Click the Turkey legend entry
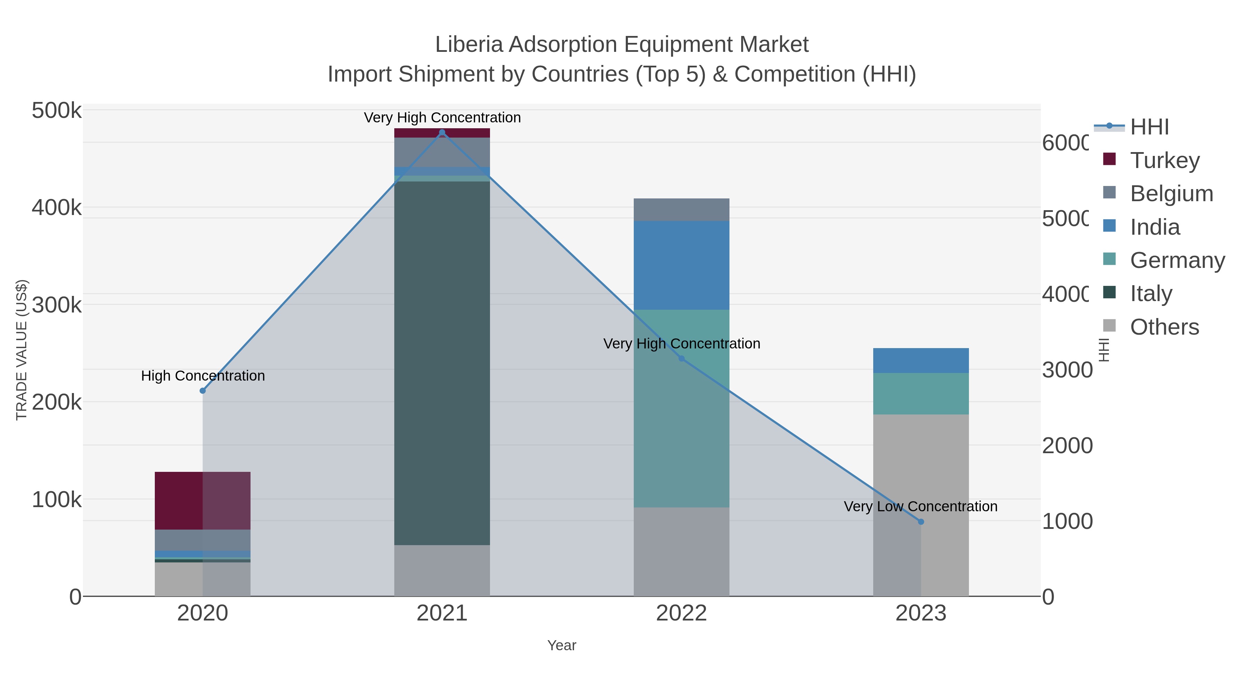pos(1164,160)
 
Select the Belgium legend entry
pos(1171,193)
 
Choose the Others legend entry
pos(1164,327)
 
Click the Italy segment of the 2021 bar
pos(442,362)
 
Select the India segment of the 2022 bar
pos(681,265)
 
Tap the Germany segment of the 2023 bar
pos(921,393)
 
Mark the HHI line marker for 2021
pos(442,132)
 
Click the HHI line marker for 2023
pos(921,522)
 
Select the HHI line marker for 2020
pos(203,390)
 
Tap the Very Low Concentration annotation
pos(921,506)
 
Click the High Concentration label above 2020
pos(203,375)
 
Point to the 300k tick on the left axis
pos(57,305)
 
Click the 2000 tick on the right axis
pos(1067,446)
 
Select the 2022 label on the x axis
pos(681,613)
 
